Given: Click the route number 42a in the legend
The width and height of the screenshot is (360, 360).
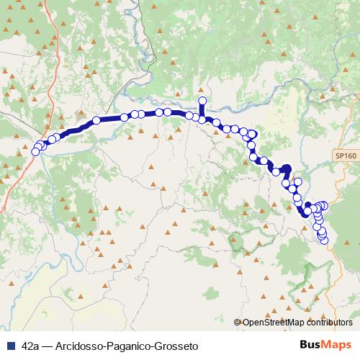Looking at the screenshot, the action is (x=31, y=346).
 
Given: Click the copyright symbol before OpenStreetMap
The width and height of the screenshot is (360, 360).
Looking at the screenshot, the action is (x=238, y=323).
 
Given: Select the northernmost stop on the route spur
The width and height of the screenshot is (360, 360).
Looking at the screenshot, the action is (x=202, y=101).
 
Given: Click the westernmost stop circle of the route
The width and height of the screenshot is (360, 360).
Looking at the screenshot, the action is (x=36, y=151).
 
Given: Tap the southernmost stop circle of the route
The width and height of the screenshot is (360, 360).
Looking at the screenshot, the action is (x=323, y=240).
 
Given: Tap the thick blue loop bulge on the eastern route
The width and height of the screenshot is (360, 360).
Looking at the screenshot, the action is (x=286, y=171).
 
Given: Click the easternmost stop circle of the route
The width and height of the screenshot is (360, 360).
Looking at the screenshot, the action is (x=324, y=205).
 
